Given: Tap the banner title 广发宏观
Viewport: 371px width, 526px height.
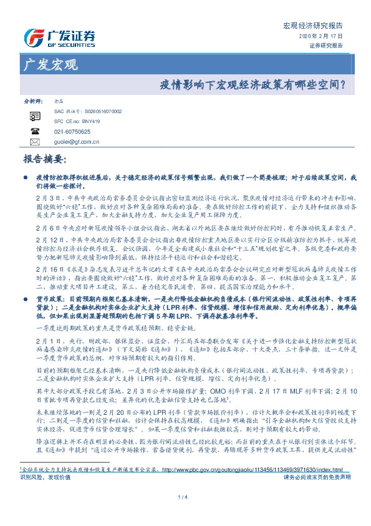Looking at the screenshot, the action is (x=50, y=64).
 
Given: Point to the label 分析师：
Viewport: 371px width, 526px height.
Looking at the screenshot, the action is (x=32, y=101).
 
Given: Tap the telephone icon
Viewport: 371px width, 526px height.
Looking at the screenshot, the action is (x=34, y=131).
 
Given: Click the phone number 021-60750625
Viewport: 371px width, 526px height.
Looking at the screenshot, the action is (x=72, y=132).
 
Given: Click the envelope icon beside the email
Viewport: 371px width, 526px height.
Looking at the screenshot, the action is (x=34, y=142).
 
